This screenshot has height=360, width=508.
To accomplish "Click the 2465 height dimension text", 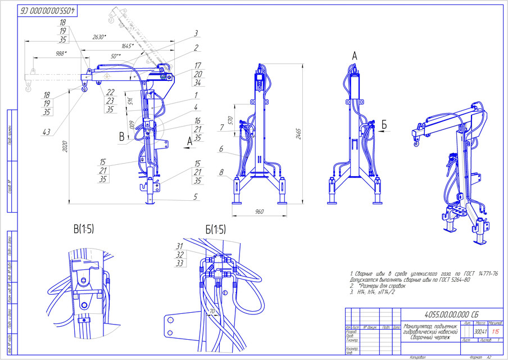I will click(x=308, y=134).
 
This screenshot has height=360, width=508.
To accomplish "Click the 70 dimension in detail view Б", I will click(x=212, y=309).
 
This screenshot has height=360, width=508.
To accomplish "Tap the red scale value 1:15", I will click(x=496, y=331).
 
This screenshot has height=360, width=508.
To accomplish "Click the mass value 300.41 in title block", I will click(x=480, y=331).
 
